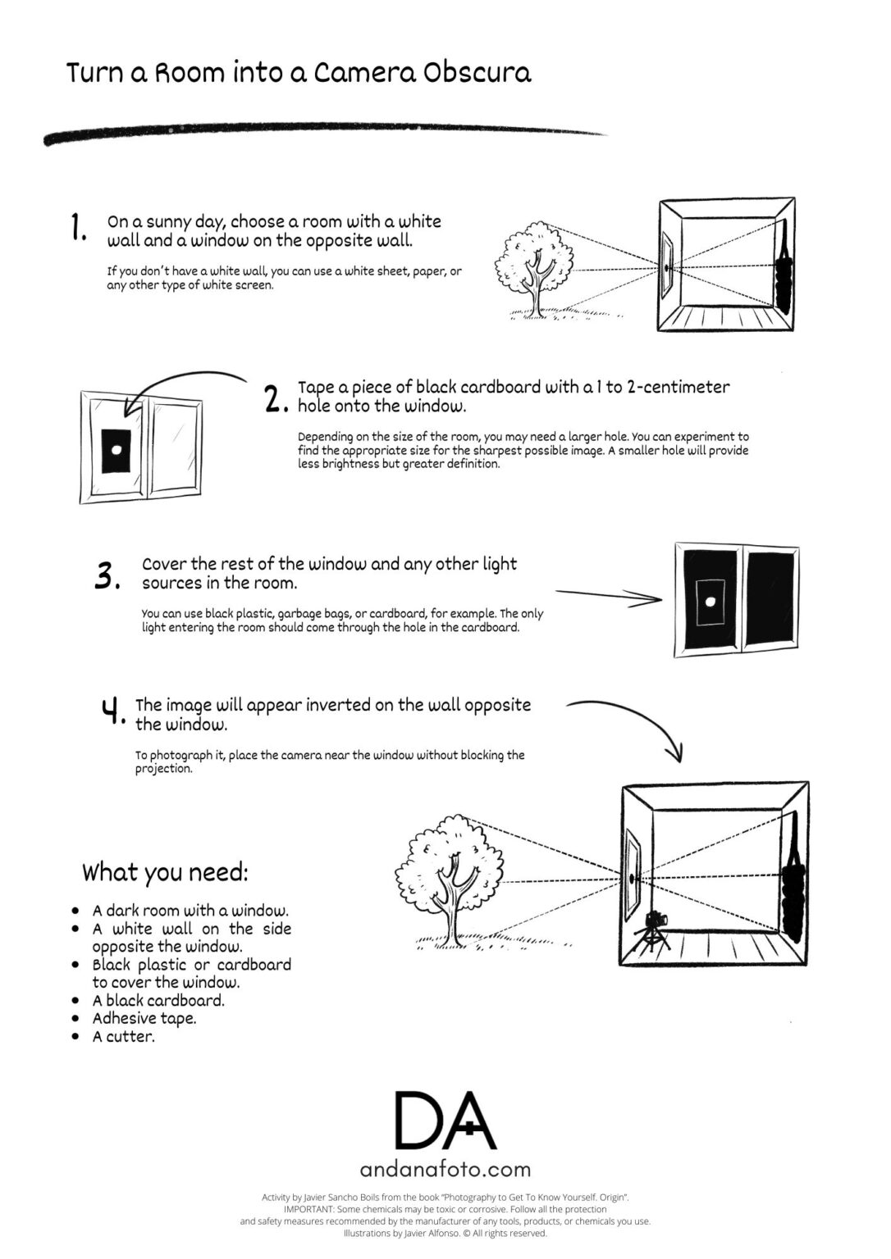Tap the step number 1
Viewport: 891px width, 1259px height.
click(x=79, y=228)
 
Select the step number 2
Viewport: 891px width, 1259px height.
click(x=276, y=398)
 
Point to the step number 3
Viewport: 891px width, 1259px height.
click(x=107, y=575)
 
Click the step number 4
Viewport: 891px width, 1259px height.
click(x=112, y=711)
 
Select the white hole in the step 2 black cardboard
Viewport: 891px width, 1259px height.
click(x=117, y=450)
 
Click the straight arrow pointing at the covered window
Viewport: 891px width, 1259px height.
click(x=609, y=596)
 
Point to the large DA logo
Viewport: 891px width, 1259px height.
click(x=445, y=1120)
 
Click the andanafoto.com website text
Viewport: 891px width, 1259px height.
click(x=445, y=1169)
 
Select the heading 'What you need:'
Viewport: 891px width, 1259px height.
click(x=165, y=872)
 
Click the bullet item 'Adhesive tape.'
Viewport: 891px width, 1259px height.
click(x=144, y=1019)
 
